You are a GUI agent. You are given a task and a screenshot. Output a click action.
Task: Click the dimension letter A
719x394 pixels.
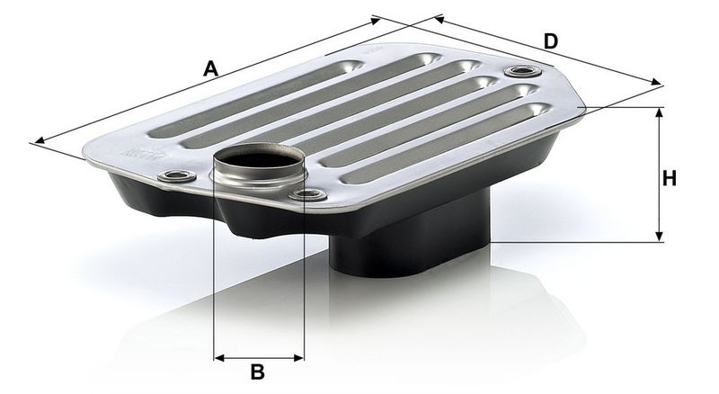pos(210,68)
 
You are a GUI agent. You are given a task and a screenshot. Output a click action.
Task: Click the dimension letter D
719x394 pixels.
pos(551,41)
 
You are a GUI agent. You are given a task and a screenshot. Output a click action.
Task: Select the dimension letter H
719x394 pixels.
pos(670,178)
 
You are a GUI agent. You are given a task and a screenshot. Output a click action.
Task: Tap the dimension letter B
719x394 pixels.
pos(258,372)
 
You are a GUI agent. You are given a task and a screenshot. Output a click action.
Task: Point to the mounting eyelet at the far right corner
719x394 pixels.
pos(522,72)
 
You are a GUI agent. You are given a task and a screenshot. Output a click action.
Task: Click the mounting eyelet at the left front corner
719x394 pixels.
pos(176,175)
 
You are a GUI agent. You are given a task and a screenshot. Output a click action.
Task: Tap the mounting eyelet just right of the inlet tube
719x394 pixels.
pos(308,194)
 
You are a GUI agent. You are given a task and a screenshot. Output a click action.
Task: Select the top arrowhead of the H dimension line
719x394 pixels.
pos(660,112)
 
